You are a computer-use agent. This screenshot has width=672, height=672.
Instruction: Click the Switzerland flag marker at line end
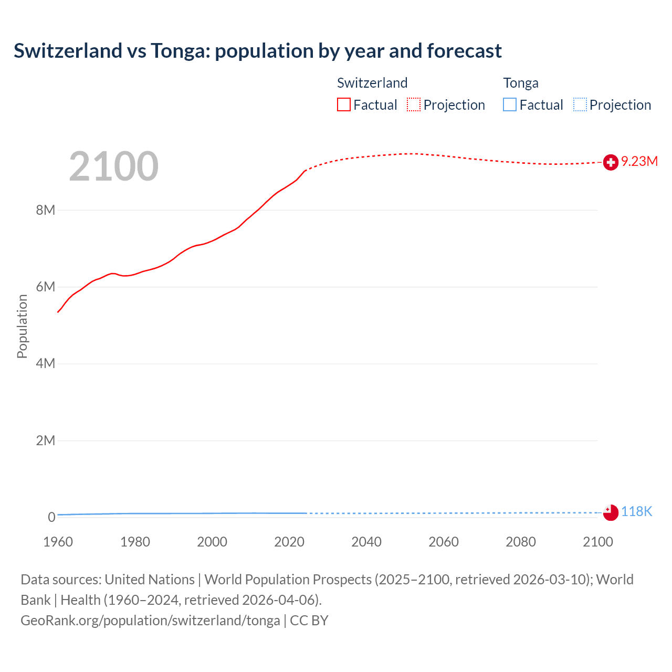(611, 162)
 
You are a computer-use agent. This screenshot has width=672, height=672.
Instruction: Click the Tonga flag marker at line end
(611, 512)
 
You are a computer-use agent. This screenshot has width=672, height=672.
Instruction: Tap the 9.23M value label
(639, 161)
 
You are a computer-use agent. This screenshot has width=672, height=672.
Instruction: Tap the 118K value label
(636, 511)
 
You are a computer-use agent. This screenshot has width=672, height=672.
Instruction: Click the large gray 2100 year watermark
(113, 166)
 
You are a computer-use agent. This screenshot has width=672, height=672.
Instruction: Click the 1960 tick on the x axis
(58, 542)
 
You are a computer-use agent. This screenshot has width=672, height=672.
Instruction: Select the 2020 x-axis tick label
(289, 542)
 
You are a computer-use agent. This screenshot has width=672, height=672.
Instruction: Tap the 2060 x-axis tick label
(444, 542)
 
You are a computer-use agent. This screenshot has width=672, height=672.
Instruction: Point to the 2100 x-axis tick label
(597, 542)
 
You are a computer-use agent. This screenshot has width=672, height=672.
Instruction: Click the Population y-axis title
(22, 326)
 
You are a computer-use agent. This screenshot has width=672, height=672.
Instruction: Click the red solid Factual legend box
(344, 105)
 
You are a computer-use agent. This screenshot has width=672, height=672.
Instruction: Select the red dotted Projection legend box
(414, 105)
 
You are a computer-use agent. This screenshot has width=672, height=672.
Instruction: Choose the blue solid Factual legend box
(510, 105)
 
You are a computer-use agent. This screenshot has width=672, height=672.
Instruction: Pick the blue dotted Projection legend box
(580, 105)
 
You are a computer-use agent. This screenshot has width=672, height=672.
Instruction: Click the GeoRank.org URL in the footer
(150, 620)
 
